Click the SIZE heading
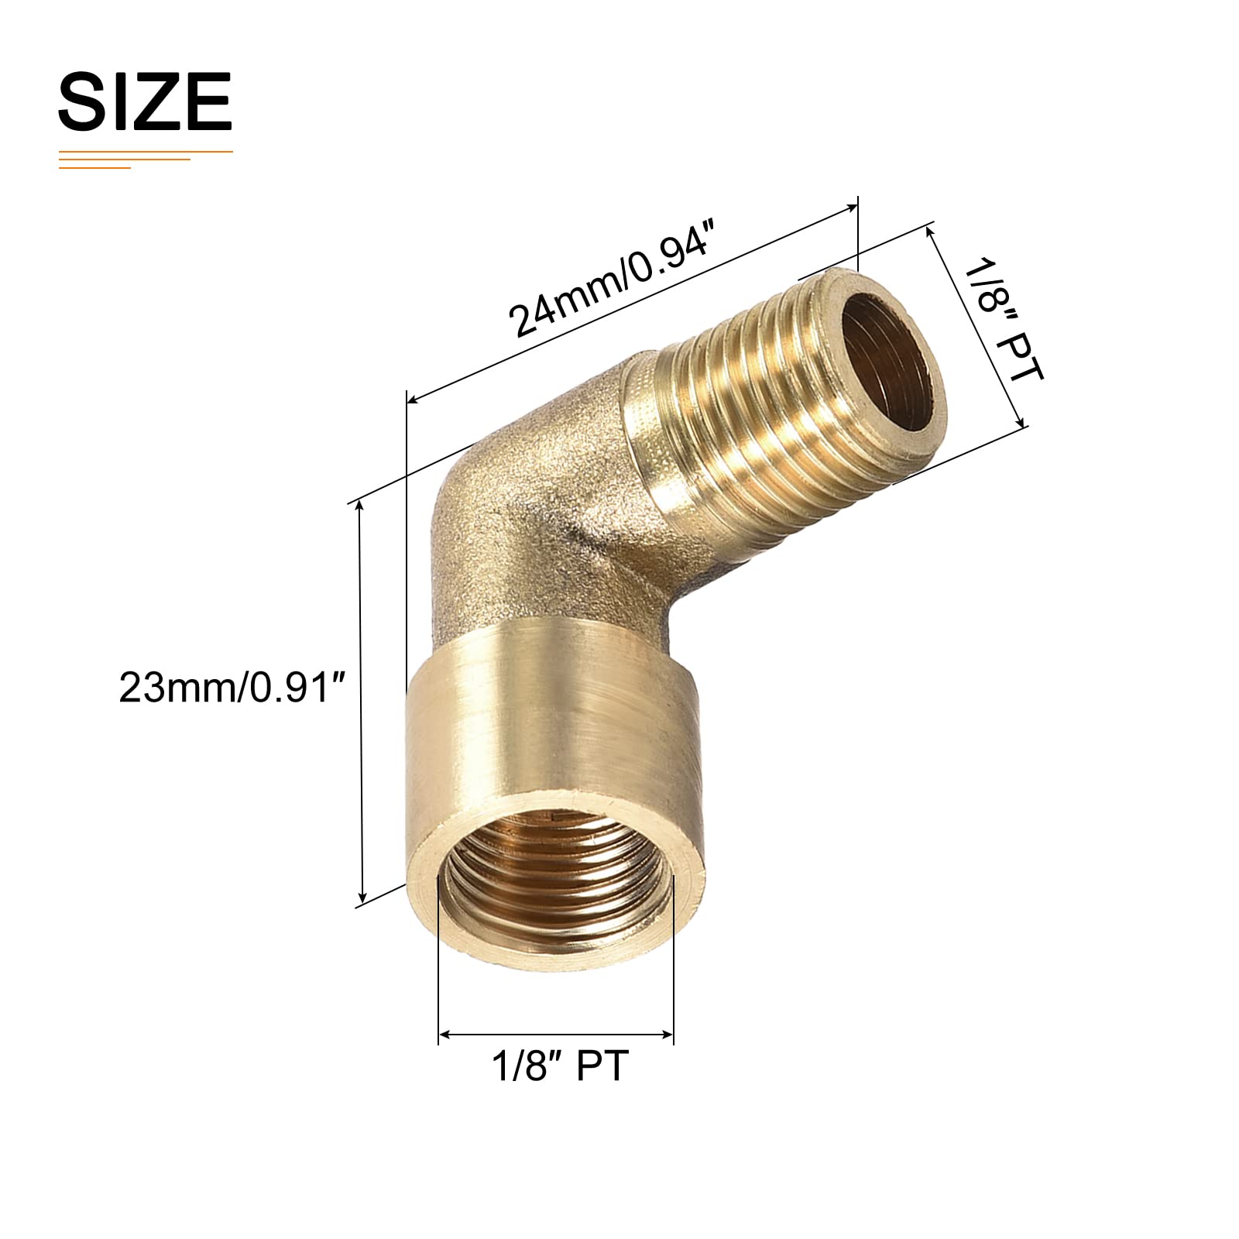point(145,101)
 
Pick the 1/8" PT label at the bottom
point(560,1066)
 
